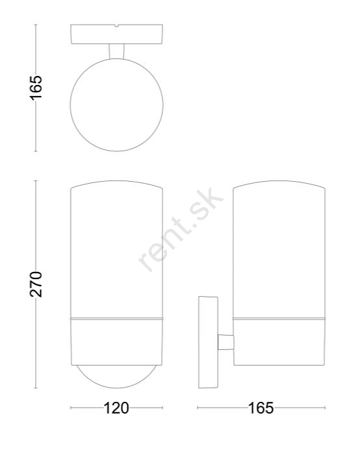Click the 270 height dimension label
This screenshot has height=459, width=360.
[x=36, y=284]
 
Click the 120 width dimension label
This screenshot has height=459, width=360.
[x=116, y=408]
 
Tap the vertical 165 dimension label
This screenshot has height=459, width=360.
[x=36, y=88]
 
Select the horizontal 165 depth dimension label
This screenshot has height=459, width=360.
[x=261, y=408]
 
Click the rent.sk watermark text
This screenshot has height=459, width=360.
[x=181, y=230]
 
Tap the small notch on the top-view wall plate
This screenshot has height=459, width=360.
[x=117, y=26]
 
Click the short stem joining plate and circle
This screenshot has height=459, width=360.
[x=116, y=51]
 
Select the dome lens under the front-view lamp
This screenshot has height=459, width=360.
[x=116, y=388]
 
